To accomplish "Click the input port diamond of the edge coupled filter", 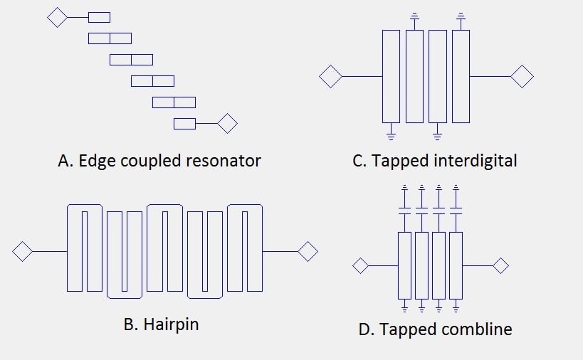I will click(x=57, y=17).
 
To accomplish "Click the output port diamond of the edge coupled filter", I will click(x=227, y=124).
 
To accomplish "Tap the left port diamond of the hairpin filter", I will click(x=23, y=251).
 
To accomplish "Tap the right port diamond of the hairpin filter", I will click(x=308, y=251).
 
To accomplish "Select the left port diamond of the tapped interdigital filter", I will click(x=330, y=76).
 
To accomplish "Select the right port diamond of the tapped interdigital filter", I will click(x=522, y=76).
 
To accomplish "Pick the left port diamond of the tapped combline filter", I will click(x=361, y=265).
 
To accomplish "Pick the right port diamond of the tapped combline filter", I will click(x=501, y=265).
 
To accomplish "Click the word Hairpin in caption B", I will click(x=171, y=324).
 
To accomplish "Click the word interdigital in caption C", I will click(x=474, y=161).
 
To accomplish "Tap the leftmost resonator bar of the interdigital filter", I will click(x=391, y=76).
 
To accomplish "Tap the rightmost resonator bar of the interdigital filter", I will click(x=461, y=76).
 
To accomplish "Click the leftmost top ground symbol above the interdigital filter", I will click(x=414, y=15).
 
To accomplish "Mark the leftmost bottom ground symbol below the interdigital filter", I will click(x=391, y=133).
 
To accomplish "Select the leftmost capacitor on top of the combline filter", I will click(x=404, y=211).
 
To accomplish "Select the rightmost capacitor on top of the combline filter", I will click(x=456, y=211).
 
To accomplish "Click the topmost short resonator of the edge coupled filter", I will click(x=99, y=17).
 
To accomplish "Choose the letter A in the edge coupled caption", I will click(x=63, y=161).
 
